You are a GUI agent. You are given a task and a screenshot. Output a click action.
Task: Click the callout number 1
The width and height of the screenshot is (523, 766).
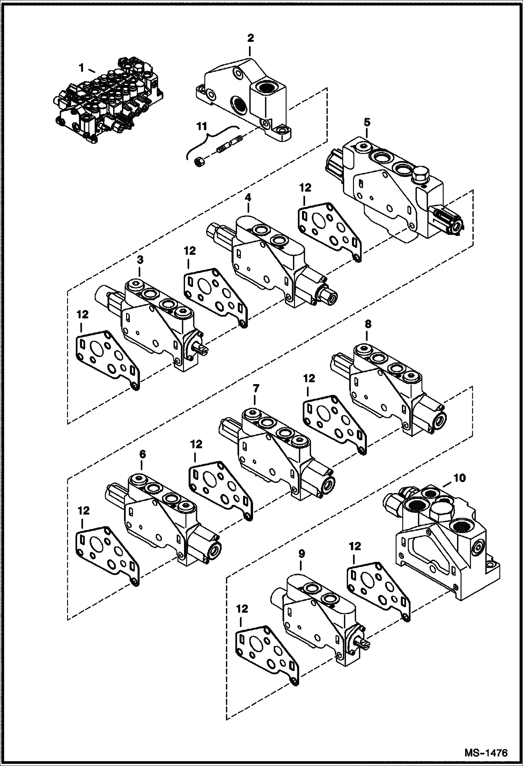click(x=81, y=68)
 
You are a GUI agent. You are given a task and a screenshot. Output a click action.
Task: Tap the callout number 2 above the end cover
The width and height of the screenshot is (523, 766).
click(x=250, y=38)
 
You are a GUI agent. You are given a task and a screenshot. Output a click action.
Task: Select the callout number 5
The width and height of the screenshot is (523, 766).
click(x=367, y=123)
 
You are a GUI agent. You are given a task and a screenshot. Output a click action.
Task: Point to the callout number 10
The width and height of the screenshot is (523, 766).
click(x=460, y=478)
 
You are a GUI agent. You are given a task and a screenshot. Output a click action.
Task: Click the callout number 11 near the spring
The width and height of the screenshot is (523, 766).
click(x=201, y=126)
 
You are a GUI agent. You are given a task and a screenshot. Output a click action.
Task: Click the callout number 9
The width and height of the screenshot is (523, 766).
click(x=302, y=553)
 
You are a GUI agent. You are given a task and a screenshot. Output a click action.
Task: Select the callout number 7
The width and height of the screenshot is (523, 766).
click(x=256, y=388)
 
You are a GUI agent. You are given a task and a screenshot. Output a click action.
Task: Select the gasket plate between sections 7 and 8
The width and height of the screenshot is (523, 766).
click(x=334, y=423)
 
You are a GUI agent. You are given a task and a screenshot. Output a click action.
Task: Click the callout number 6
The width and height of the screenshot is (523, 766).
click(x=142, y=454)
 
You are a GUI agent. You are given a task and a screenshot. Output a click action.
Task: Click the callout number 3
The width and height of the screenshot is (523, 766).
click(x=140, y=260)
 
